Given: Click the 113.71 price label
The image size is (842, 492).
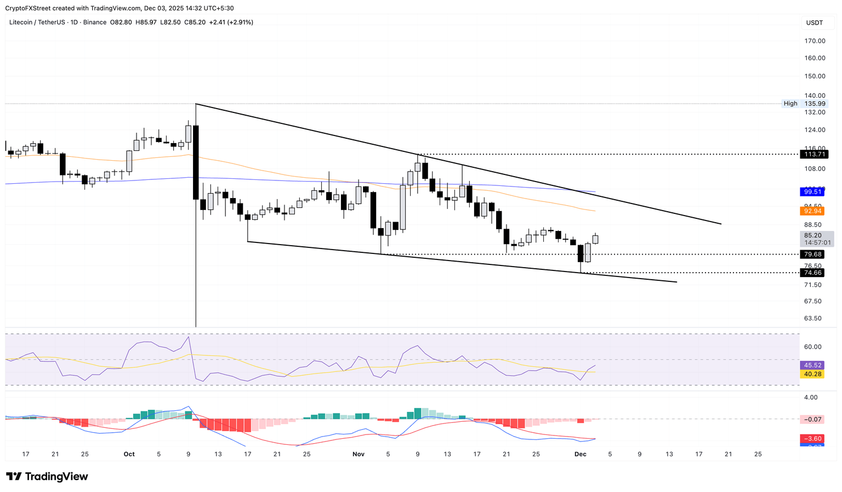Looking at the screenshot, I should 813,155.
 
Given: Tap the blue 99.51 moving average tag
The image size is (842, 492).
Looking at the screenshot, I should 813,191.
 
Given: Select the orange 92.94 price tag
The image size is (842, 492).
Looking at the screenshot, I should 813,211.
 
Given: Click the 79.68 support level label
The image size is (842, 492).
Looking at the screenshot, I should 813,255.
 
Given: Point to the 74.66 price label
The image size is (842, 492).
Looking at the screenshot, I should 813,273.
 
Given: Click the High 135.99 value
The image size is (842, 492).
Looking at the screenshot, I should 815,104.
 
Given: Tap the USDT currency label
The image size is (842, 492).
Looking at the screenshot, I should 814,22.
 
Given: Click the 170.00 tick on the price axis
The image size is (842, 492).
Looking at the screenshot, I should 815,41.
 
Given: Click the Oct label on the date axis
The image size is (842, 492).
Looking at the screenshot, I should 129,454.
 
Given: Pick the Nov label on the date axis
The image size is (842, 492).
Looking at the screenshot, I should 359,454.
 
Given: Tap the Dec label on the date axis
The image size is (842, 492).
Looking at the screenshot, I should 581,454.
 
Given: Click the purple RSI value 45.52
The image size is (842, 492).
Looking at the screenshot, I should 813,365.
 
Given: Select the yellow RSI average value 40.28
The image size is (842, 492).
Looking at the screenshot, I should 813,374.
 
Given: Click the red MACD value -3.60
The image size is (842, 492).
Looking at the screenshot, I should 813,439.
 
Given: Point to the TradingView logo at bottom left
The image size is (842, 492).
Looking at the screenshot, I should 47,477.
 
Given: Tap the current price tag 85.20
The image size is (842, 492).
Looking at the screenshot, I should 813,235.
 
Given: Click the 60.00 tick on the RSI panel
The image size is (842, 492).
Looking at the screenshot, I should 813,347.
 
